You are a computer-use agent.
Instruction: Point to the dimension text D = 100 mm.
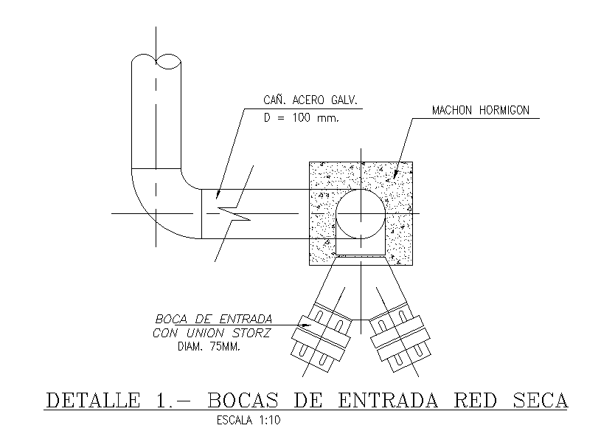(x=301, y=119)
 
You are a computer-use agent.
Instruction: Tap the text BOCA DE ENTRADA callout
(x=213, y=320)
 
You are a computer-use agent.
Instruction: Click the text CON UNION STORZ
(x=212, y=334)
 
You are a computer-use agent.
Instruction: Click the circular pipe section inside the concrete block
(x=361, y=213)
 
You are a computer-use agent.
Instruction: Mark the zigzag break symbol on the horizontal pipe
(x=235, y=213)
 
